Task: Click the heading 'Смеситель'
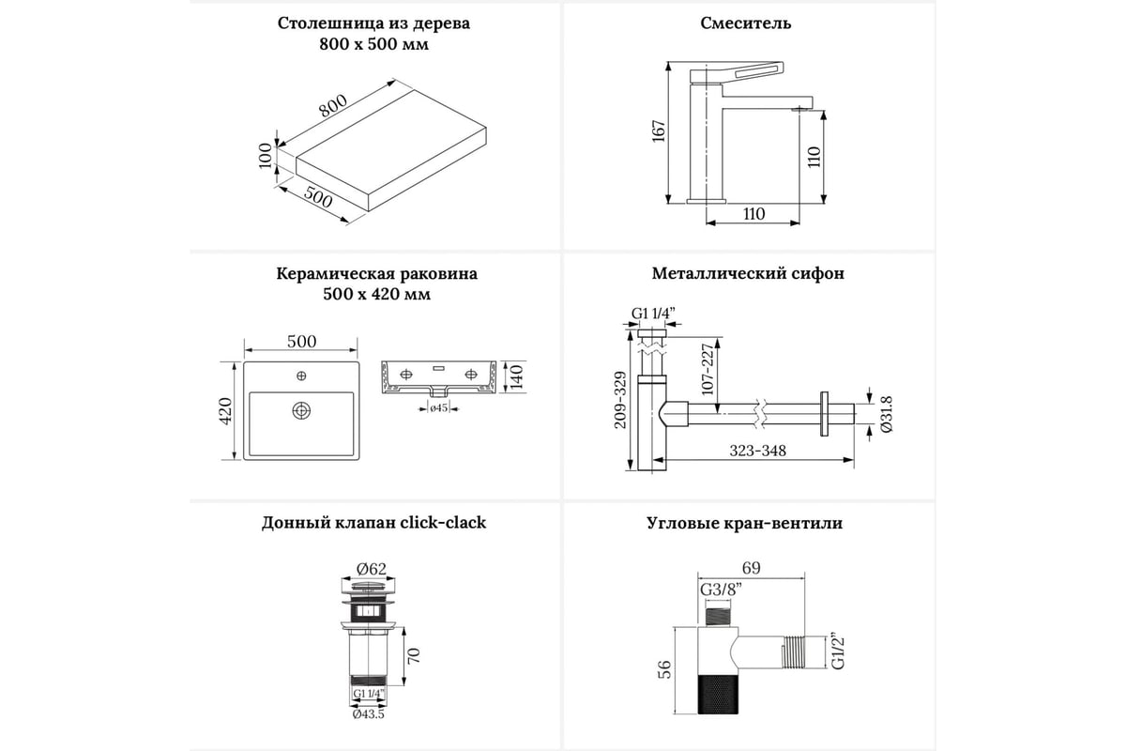746,23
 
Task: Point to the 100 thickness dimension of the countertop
266,155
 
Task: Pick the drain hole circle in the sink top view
301,410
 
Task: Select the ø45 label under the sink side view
437,407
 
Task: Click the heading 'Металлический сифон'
748,274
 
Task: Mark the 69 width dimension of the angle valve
750,568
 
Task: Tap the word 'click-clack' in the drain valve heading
443,523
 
